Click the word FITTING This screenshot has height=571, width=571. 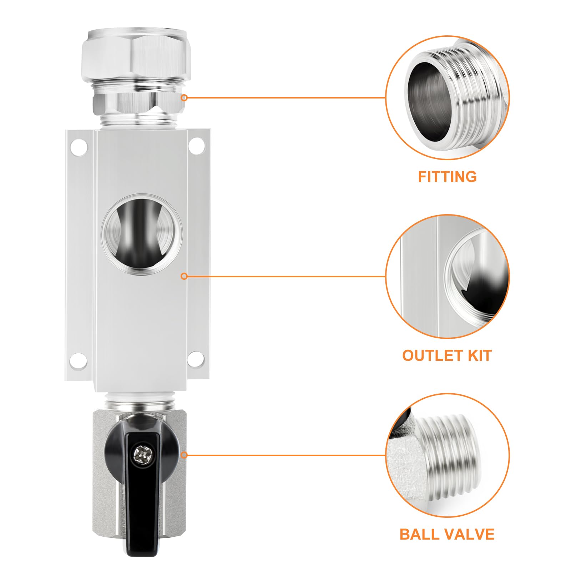tap(447, 177)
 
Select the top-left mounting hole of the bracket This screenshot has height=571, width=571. tap(79, 147)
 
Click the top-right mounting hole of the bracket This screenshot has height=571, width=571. tap(197, 147)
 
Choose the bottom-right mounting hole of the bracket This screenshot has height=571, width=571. tap(197, 359)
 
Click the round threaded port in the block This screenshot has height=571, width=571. tap(142, 235)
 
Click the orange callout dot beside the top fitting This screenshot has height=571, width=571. tap(184, 97)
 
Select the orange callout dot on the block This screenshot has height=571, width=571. tap(184, 276)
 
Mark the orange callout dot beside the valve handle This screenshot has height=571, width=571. tap(184, 455)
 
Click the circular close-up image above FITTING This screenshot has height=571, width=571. tap(448, 97)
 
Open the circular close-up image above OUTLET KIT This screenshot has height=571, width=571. tap(448, 276)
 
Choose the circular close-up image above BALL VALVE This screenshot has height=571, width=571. tap(448, 455)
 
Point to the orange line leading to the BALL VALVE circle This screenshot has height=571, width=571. tap(285, 455)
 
